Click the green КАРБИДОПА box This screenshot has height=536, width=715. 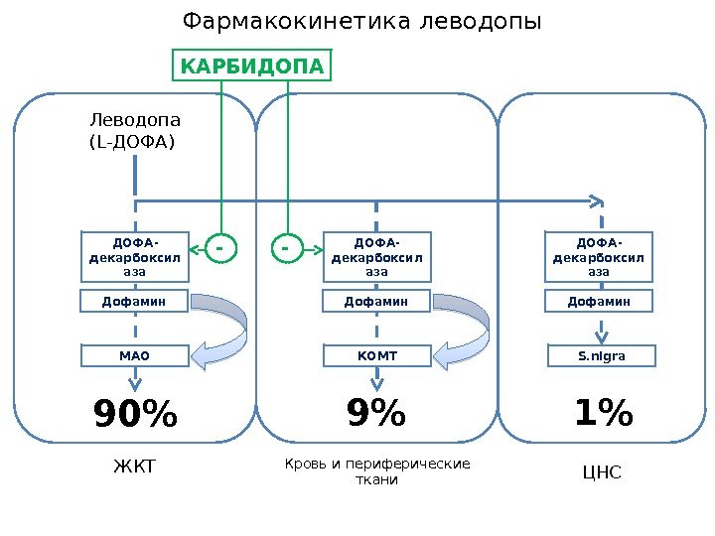click(x=251, y=67)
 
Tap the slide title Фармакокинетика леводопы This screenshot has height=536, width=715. click(x=362, y=21)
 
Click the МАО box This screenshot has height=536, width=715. click(x=134, y=354)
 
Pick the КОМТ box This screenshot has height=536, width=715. click(x=376, y=354)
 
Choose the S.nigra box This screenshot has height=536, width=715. click(x=599, y=354)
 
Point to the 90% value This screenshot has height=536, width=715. click(x=135, y=416)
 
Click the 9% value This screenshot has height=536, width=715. click(x=376, y=414)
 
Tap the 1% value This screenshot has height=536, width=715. click(x=603, y=414)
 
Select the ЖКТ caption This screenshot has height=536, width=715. click(x=135, y=467)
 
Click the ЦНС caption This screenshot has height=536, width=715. click(x=601, y=472)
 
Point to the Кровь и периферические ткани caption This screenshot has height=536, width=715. click(x=376, y=471)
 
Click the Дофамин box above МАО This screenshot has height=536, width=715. click(x=134, y=300)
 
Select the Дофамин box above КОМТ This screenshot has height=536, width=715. click(x=376, y=300)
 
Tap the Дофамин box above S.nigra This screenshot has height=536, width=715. click(x=599, y=300)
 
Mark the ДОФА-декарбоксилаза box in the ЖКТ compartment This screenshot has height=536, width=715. click(x=134, y=256)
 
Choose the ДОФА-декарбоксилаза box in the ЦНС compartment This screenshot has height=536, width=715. click(x=599, y=256)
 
